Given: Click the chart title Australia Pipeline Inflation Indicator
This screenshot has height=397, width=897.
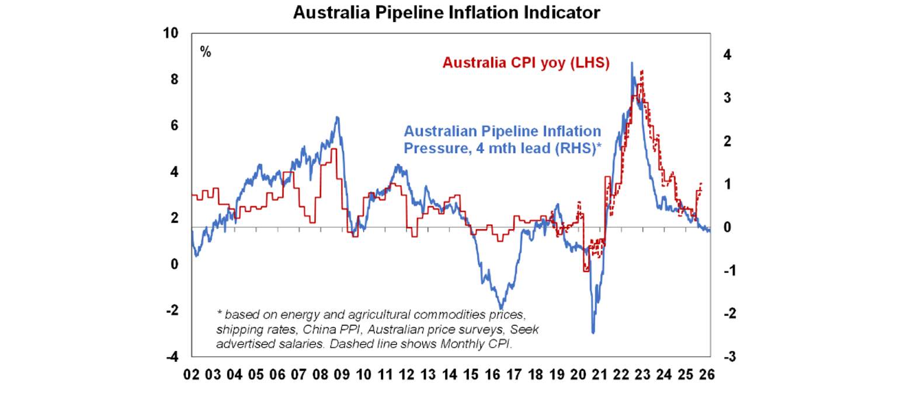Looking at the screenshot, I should point(446,12).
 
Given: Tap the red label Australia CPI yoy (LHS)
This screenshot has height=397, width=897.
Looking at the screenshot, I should point(526,62).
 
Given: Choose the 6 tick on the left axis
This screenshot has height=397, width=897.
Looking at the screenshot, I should point(173,126).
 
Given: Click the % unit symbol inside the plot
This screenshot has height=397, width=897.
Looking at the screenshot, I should point(206,51).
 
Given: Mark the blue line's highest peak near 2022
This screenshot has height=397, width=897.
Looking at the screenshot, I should point(632,62).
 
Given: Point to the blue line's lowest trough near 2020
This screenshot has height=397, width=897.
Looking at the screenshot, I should point(593,333).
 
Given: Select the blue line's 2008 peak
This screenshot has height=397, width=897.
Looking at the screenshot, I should point(337,117).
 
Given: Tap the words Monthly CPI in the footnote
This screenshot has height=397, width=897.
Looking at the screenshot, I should point(478,344).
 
